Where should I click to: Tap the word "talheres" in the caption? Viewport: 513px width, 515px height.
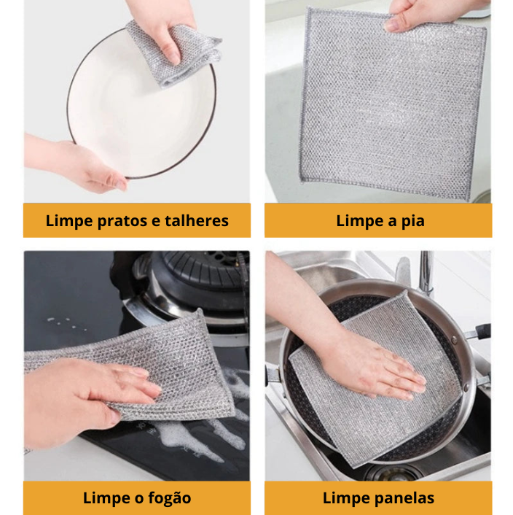pos(197,220)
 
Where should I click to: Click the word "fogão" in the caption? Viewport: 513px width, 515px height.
pos(169,498)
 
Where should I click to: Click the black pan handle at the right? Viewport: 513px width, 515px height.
pos(479,331)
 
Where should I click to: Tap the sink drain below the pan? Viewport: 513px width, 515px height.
pos(393,472)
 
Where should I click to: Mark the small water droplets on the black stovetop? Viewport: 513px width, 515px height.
pos(66,323)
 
